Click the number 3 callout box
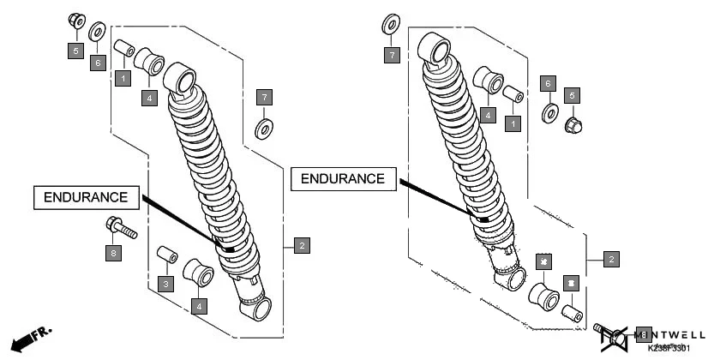pyautogui.click(x=166, y=283)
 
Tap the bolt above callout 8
pyautogui.click(x=122, y=228)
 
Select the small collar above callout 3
pyautogui.click(x=166, y=255)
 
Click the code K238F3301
pyautogui.click(x=669, y=348)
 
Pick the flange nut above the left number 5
pyautogui.click(x=75, y=20)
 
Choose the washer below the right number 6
pyautogui.click(x=549, y=112)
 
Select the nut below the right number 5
pyautogui.click(x=572, y=127)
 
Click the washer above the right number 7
pyautogui.click(x=391, y=24)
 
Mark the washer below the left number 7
pyautogui.click(x=264, y=129)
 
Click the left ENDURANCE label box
pyautogui.click(x=86, y=198)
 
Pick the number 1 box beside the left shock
pyautogui.click(x=123, y=78)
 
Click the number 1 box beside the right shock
pyautogui.click(x=513, y=123)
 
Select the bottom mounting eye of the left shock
pyautogui.click(x=256, y=309)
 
